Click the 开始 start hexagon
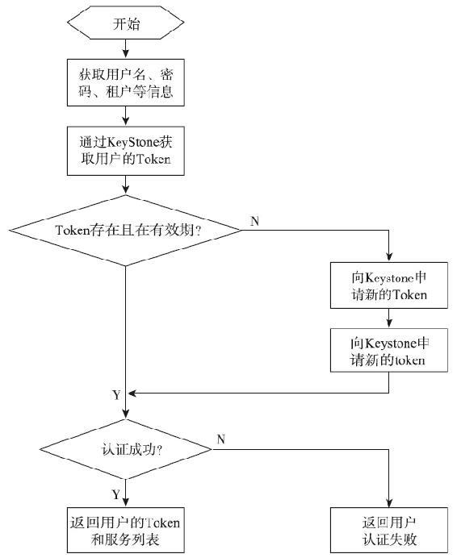125,23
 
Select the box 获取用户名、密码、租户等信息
125,82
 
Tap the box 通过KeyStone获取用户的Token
125,151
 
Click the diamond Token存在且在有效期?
125,231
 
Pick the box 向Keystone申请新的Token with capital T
389,285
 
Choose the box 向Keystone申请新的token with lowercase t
389,351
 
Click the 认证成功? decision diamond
125,449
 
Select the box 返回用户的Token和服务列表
125,531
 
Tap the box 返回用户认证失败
389,531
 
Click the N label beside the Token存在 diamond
254,221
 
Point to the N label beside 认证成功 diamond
221,439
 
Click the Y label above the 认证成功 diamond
116,395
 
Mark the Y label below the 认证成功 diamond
115,494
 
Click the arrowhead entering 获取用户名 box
125,54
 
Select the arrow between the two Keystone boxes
389,319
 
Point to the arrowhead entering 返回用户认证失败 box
389,503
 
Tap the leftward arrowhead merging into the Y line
132,394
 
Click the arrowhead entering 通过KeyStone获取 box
125,121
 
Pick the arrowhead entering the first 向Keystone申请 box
389,257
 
